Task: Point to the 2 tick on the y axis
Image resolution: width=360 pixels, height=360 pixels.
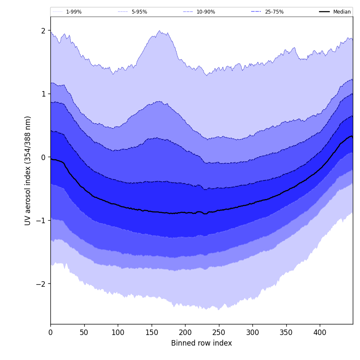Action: click(x=43, y=30)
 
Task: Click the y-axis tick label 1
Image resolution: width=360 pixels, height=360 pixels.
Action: click(x=43, y=94)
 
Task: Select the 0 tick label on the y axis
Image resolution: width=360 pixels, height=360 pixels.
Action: click(x=43, y=157)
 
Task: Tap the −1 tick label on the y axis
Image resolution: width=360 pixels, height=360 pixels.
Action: click(x=42, y=220)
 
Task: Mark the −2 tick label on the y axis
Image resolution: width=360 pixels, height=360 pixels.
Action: click(x=42, y=284)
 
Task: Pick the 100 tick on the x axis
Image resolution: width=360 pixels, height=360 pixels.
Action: click(x=118, y=332)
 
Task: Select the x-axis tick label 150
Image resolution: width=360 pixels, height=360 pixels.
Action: click(x=152, y=332)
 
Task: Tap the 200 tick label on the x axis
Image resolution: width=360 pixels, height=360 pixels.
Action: click(x=185, y=332)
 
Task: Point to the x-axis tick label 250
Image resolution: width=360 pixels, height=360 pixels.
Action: click(x=219, y=332)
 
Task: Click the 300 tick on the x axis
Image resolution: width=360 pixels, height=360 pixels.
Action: click(x=252, y=332)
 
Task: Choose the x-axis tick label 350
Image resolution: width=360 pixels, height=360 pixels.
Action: click(x=286, y=332)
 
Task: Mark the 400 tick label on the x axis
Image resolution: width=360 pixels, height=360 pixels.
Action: click(x=320, y=332)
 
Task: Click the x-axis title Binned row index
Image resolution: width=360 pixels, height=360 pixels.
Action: click(x=202, y=343)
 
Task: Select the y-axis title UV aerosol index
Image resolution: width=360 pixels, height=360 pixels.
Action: click(x=28, y=170)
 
